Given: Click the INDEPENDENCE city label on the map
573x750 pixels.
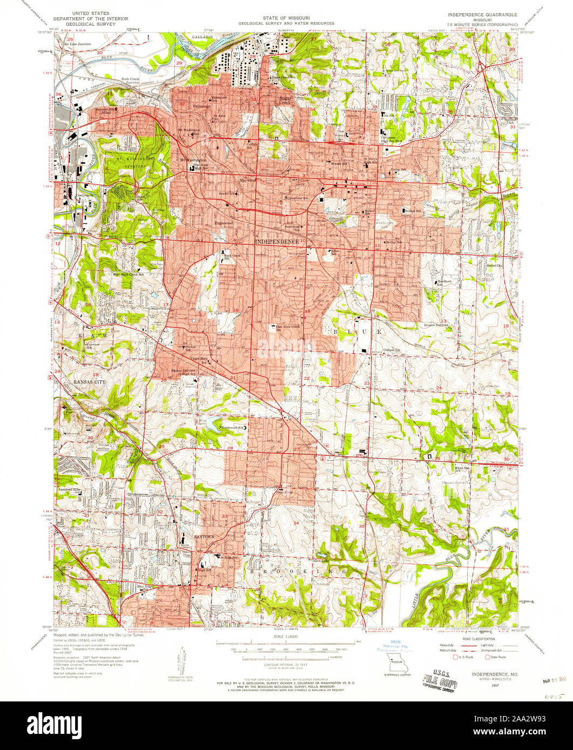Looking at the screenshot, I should click(277, 241).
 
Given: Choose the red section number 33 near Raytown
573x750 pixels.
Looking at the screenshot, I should click(224, 516).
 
